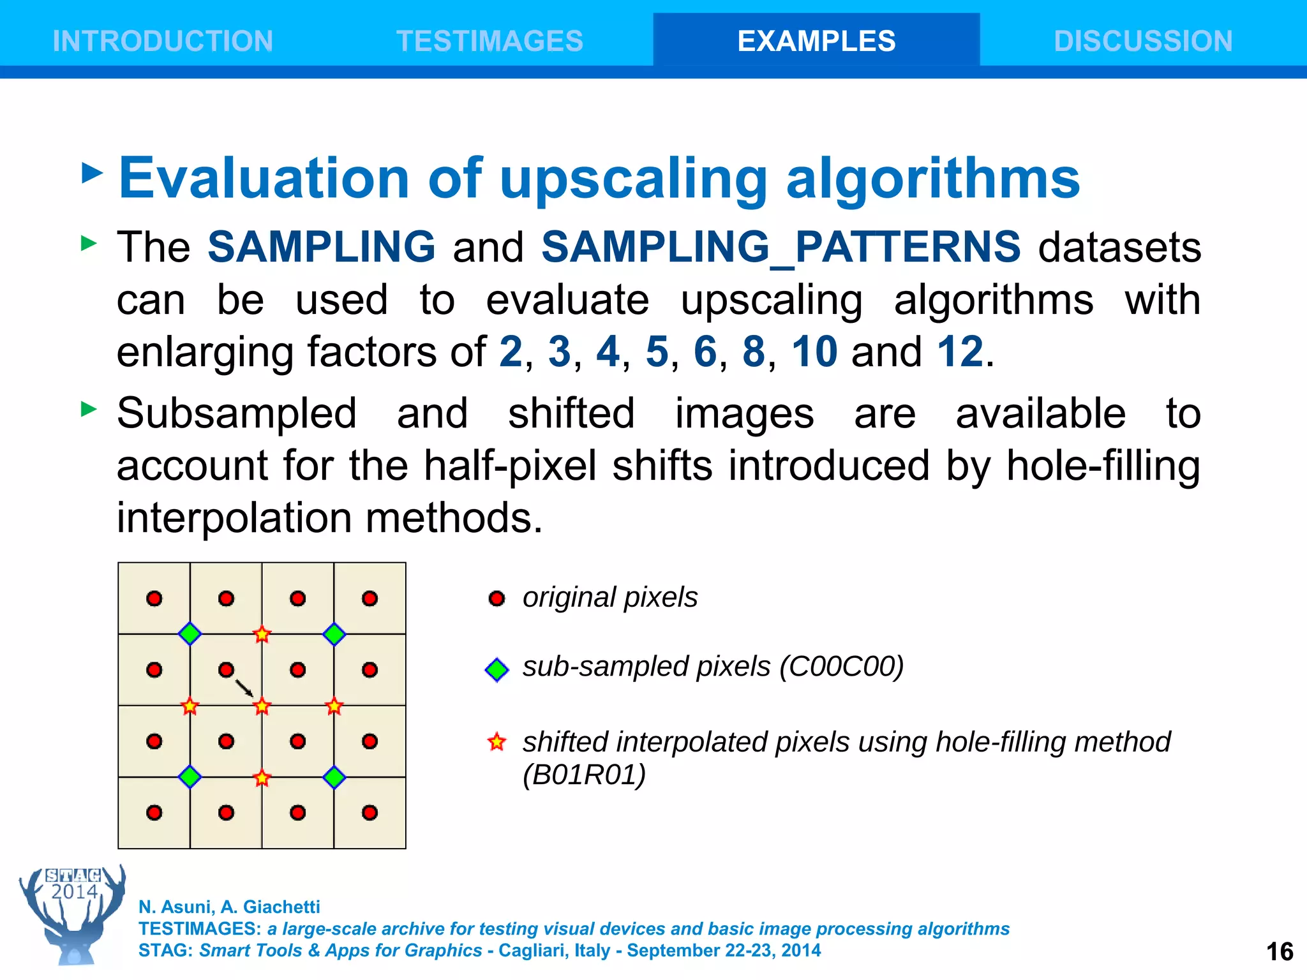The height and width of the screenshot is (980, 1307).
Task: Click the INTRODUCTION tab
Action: point(163,41)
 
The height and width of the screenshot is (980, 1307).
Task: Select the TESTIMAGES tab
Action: point(489,41)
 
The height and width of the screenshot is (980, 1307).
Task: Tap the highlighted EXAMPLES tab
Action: point(816,41)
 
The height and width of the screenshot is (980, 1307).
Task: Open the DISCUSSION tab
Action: point(1143,41)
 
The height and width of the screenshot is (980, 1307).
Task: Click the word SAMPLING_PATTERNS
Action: point(780,247)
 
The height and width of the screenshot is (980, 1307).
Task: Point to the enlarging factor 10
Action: point(814,352)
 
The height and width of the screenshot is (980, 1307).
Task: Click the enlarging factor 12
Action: point(960,352)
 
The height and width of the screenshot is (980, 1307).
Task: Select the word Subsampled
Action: point(237,413)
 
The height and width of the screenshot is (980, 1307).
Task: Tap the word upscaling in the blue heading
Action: point(634,179)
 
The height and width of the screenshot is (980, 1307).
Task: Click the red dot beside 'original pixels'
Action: point(497,598)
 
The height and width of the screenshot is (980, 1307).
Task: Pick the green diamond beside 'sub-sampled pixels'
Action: point(497,669)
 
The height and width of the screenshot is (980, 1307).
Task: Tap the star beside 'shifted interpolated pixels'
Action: point(497,742)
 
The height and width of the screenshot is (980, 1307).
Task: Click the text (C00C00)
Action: point(841,667)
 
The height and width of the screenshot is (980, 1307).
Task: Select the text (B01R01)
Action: point(584,775)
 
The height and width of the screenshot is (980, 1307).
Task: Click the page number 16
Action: point(1280,952)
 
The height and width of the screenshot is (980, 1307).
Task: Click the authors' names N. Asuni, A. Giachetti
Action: point(229,907)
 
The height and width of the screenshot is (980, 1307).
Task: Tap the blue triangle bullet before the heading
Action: point(93,173)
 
